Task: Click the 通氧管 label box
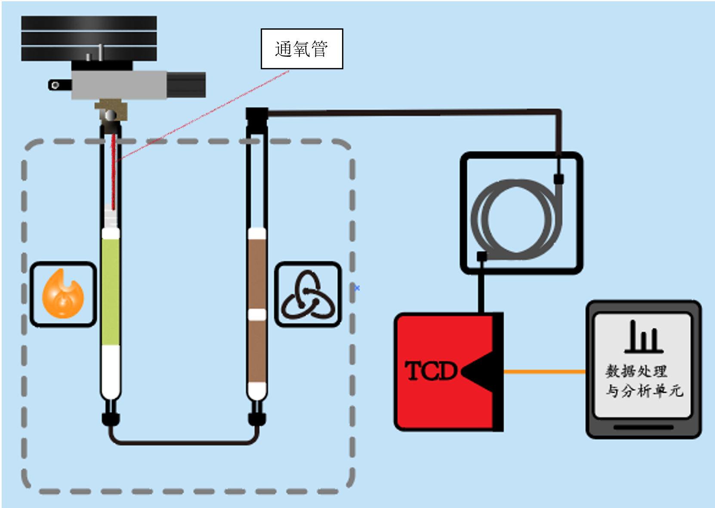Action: [302, 49]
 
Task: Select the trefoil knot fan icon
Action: [308, 295]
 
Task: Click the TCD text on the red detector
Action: [431, 371]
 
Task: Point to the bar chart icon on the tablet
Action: [644, 337]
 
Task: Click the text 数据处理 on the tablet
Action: [636, 370]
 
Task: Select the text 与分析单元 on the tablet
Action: [644, 391]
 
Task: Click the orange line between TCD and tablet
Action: [544, 371]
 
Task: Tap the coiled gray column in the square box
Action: [516, 219]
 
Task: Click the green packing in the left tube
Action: [111, 292]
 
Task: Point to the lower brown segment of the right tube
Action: [257, 351]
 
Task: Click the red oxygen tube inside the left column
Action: [114, 172]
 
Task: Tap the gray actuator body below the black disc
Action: [119, 85]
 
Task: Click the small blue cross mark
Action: [357, 288]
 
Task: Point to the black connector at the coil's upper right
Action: [558, 179]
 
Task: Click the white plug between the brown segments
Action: [257, 314]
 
